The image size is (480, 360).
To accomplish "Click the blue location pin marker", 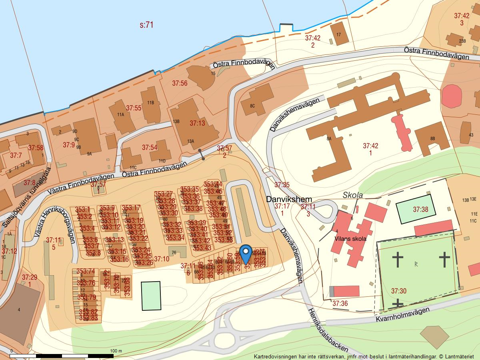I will tap(246, 253).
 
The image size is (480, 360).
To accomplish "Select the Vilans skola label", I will tap(351, 239).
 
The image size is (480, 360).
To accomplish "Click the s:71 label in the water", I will tap(147, 25).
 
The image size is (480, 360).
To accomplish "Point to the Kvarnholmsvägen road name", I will tap(402, 315).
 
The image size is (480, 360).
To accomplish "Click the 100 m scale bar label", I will tap(116, 351).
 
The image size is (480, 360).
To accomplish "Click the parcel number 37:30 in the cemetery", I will tap(398, 291).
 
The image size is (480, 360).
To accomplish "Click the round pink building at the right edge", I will tap(451, 96).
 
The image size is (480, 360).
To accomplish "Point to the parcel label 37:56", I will tap(180, 83).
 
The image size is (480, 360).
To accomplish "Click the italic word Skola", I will tap(353, 195).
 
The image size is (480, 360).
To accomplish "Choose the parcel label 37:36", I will tap(340, 304).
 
